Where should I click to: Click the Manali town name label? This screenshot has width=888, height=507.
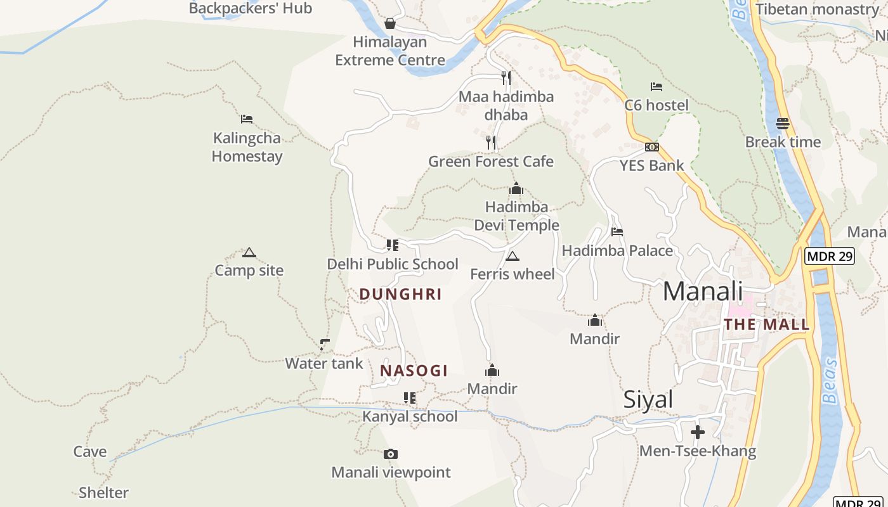(702, 292)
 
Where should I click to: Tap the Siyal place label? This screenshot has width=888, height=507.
(648, 400)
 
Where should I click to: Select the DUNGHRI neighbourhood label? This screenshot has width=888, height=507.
(400, 294)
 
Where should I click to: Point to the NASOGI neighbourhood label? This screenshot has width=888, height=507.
(414, 371)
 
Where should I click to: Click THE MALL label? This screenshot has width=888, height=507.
(767, 325)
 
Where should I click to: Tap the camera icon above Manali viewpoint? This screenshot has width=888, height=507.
(391, 454)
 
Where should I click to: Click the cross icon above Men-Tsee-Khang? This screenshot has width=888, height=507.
(698, 432)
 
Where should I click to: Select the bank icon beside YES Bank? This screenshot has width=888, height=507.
(651, 147)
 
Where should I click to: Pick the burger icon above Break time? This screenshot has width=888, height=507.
(783, 123)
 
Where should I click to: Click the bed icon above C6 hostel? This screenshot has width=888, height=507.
(656, 86)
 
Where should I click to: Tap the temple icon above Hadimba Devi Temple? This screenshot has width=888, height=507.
(516, 189)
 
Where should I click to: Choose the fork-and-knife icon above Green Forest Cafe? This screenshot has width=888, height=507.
(491, 142)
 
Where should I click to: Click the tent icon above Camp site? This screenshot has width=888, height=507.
(249, 253)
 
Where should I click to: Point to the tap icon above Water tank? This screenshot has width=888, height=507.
(325, 345)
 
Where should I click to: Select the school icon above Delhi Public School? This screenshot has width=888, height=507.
(393, 245)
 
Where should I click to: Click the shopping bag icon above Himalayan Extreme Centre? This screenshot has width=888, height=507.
(390, 23)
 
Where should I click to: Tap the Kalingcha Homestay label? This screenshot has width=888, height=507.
(247, 147)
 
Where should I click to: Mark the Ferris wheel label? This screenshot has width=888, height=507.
(513, 274)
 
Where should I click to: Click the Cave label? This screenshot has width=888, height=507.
(90, 451)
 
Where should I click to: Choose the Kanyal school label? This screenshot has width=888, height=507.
(410, 416)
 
